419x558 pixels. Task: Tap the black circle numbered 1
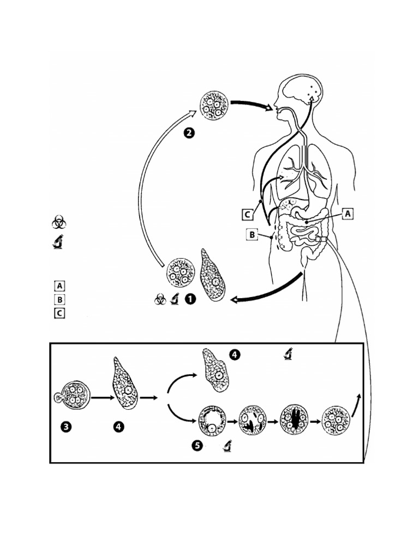[x=190, y=299]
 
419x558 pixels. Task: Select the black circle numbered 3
[x=65, y=428]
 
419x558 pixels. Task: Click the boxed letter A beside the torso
[x=348, y=214]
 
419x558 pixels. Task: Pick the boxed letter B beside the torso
[x=252, y=235]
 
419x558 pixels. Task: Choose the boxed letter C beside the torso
[x=248, y=214]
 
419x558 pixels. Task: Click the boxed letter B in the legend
[x=59, y=299]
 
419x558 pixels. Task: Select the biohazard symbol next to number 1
[x=160, y=300]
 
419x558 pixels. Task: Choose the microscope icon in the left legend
[x=58, y=241]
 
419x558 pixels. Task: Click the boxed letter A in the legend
[x=59, y=285]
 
